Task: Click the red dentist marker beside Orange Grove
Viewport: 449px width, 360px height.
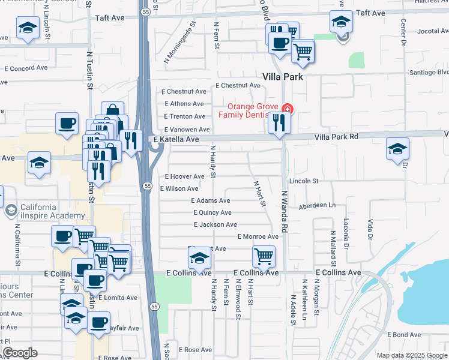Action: (x=287, y=109)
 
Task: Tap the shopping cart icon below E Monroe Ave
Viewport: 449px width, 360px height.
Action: (x=264, y=256)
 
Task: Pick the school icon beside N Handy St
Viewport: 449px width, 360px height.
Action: (x=199, y=259)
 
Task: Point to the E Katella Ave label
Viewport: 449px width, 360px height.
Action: (x=176, y=139)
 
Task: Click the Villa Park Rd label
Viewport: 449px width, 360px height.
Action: (x=337, y=137)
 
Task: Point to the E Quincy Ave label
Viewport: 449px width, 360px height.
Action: (x=212, y=212)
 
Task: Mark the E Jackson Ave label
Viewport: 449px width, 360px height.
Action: (x=215, y=224)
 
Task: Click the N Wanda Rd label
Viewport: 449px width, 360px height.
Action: (x=285, y=212)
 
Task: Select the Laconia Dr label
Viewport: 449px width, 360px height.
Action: (x=346, y=233)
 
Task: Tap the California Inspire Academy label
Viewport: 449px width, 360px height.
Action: (x=52, y=212)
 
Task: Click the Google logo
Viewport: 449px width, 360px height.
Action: (x=20, y=353)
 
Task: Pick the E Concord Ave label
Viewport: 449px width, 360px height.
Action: (x=26, y=68)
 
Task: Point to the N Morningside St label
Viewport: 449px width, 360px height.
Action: (x=180, y=43)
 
